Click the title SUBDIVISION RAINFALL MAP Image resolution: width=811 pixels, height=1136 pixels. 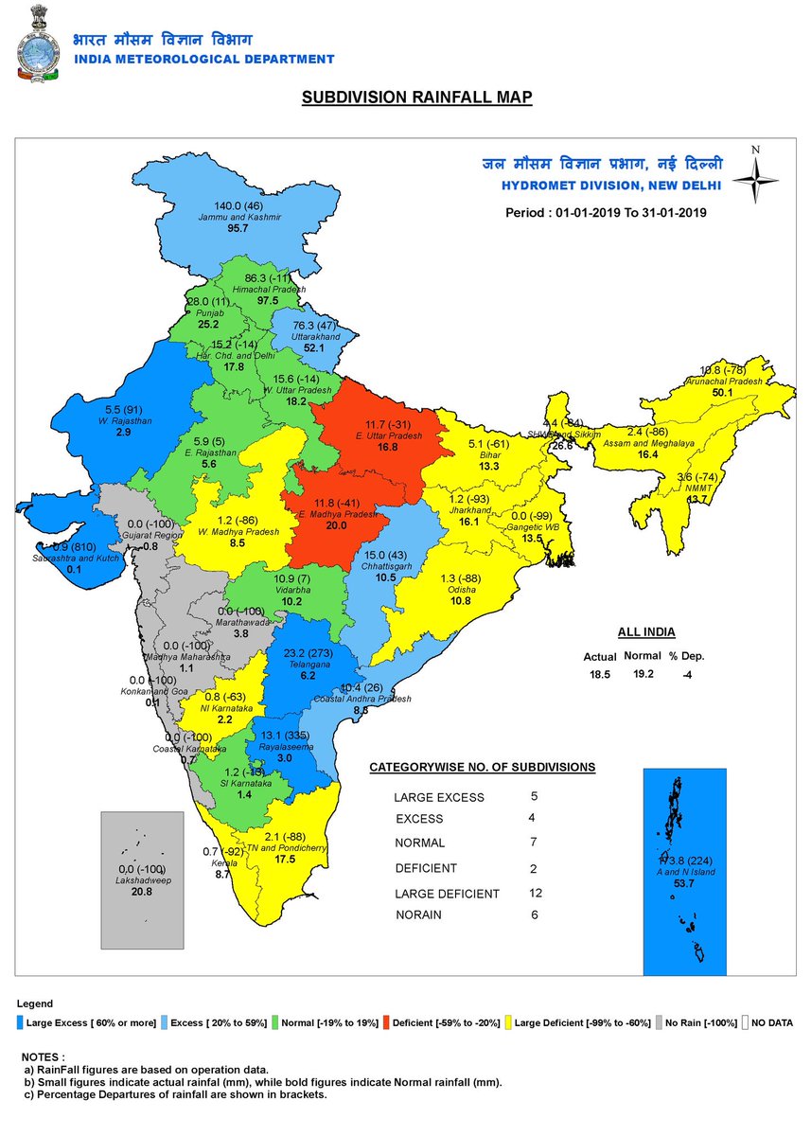416,98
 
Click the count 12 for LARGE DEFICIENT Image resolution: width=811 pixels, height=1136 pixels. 536,893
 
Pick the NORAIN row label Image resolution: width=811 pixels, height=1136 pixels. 418,915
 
